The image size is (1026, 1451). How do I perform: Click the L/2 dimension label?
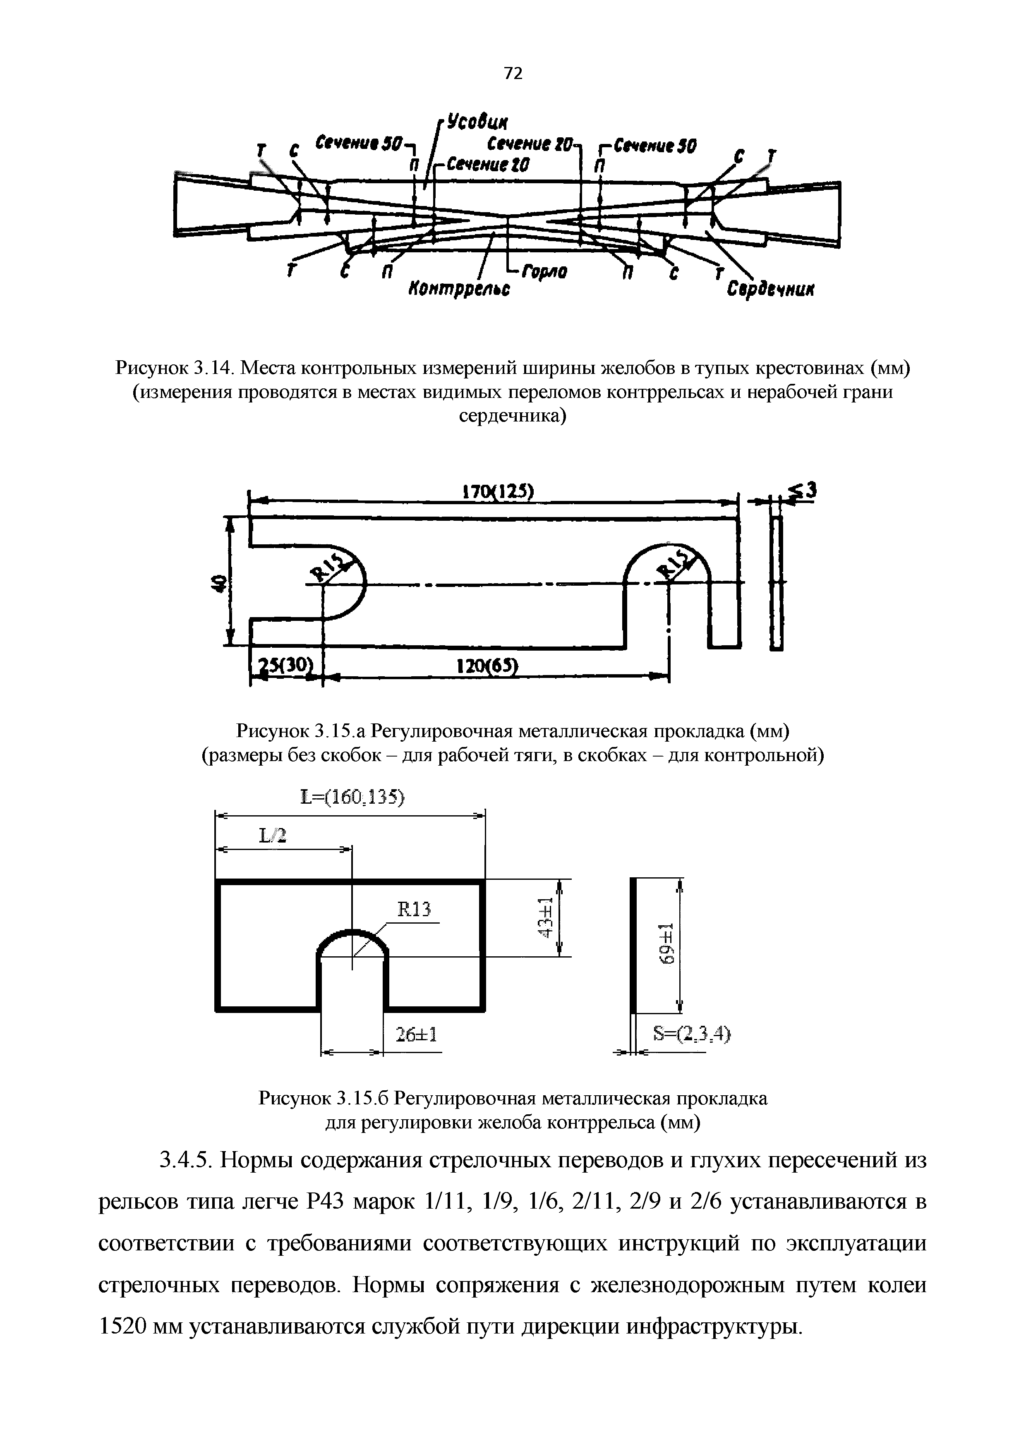[x=273, y=836]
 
